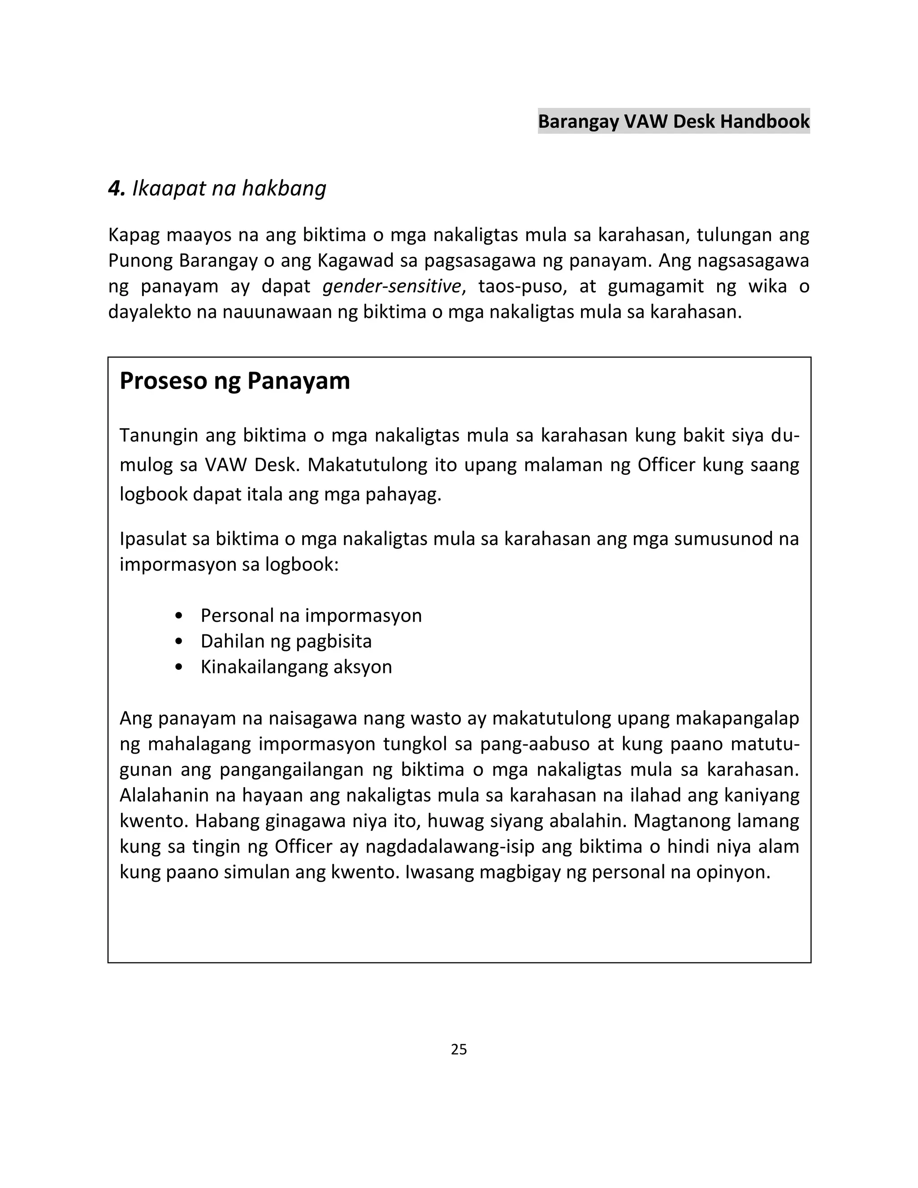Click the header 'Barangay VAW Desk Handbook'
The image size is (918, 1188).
tap(673, 121)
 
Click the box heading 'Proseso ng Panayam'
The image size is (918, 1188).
tap(234, 381)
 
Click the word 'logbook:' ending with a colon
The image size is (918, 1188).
tap(302, 564)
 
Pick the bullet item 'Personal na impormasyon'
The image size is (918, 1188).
tap(311, 615)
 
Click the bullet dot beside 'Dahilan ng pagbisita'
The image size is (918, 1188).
tap(179, 642)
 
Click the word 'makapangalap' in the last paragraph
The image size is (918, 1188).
tap(737, 718)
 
